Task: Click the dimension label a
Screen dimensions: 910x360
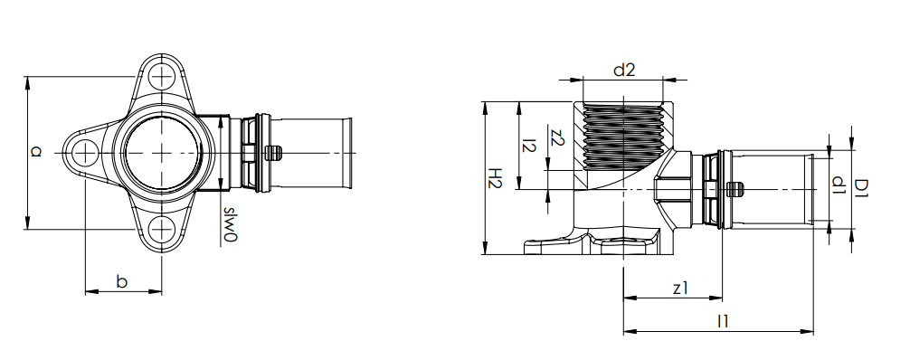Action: coord(37,152)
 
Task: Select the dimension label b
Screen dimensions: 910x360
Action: coord(122,281)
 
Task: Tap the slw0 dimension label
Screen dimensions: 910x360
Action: coord(230,224)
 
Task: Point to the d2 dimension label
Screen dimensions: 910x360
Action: coord(624,71)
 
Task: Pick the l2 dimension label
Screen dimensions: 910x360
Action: coord(528,145)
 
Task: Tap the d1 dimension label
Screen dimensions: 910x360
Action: coord(837,185)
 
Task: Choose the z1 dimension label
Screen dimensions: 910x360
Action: coord(680,288)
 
